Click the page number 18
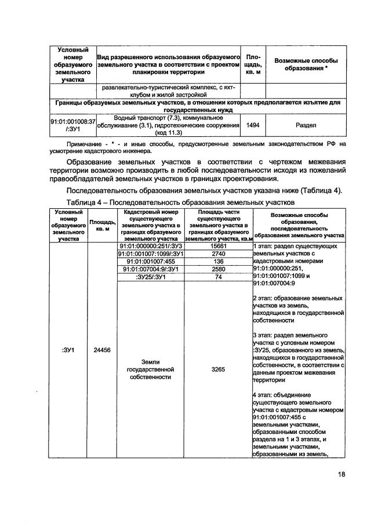[x=341, y=474]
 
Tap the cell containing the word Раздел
[x=306, y=124]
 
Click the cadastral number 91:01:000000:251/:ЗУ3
[x=150, y=245]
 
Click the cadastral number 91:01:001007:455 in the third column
[x=150, y=261]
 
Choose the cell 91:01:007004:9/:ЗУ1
[x=150, y=269]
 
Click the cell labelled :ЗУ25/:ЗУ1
[x=150, y=277]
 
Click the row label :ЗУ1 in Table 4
[x=67, y=350]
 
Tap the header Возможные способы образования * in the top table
[x=306, y=64]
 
